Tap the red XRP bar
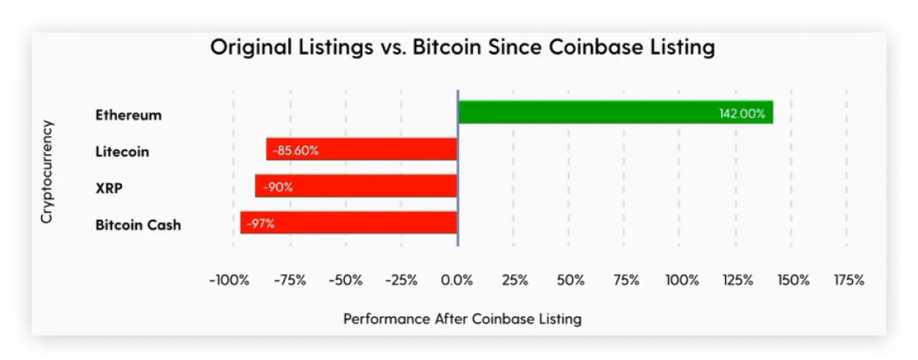[372, 187]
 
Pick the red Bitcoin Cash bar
[364, 223]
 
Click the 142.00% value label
[742, 114]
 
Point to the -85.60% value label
[295, 150]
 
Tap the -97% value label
[260, 224]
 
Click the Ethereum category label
[128, 115]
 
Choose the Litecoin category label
[122, 151]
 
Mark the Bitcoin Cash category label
[138, 225]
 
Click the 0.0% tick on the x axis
[457, 280]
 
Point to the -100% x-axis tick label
[229, 280]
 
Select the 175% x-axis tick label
[848, 280]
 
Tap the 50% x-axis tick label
[570, 280]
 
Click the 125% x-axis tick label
[737, 280]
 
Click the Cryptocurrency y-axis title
[47, 171]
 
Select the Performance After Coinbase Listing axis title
[462, 319]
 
